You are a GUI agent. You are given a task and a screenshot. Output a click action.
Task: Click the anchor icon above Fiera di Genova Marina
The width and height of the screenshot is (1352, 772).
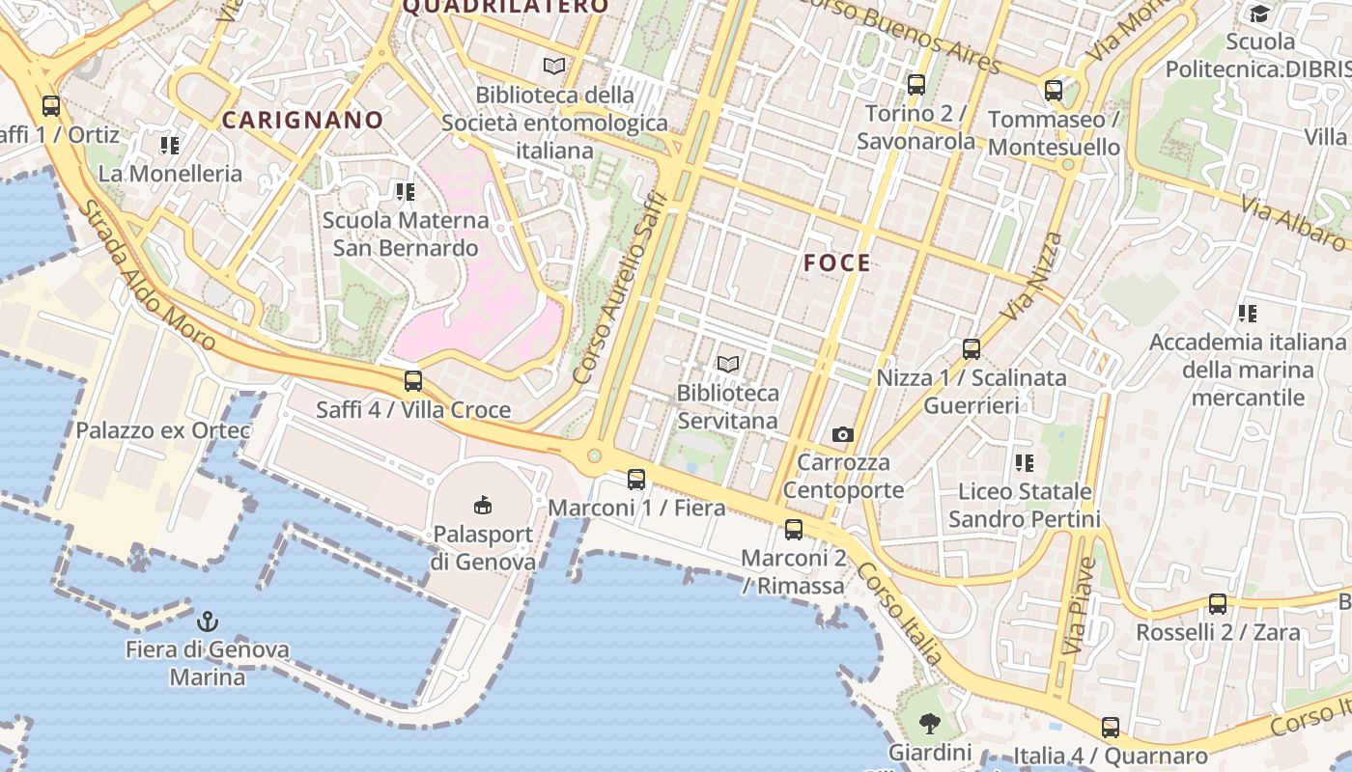(208, 620)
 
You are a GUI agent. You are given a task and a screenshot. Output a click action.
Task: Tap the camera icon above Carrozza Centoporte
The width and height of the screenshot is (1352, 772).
(843, 434)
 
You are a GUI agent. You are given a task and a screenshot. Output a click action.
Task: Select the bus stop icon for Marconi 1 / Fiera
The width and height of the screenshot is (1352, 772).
(635, 479)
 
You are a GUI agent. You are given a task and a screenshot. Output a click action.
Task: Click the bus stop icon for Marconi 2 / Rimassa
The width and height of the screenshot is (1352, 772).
(793, 529)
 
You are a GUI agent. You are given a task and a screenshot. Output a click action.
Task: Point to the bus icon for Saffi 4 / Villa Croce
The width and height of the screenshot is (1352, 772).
(413, 381)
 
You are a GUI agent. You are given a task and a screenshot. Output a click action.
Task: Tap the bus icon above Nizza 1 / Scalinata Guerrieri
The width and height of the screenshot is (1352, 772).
(972, 349)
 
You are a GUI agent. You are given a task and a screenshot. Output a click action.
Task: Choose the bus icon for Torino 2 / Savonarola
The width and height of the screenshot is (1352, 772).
(915, 85)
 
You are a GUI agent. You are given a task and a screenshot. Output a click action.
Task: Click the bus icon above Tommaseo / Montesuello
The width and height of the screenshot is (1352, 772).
(1054, 91)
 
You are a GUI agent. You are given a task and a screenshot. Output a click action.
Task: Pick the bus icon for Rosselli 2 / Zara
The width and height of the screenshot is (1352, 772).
(1218, 604)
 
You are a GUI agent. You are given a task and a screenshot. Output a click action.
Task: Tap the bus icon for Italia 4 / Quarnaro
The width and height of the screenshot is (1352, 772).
(1111, 728)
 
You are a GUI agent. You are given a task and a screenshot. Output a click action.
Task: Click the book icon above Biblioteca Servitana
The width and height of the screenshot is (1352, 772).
(728, 364)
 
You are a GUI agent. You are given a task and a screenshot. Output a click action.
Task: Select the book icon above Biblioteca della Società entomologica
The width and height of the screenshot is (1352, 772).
(553, 66)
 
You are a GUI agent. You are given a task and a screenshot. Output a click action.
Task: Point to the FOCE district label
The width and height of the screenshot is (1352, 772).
(837, 262)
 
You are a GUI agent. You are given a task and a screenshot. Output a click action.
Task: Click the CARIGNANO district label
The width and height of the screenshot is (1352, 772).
(303, 120)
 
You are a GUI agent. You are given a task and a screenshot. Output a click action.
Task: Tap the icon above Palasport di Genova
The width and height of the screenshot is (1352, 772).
(483, 505)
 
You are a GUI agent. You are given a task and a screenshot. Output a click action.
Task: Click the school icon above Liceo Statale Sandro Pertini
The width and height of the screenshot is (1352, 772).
(1025, 463)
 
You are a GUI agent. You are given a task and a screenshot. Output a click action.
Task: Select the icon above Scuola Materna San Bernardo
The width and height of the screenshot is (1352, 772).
(406, 192)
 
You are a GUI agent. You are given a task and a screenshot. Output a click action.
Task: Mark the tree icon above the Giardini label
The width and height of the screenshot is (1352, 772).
(929, 723)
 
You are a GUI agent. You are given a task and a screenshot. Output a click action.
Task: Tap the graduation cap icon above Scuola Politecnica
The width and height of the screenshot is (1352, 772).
(1259, 14)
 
